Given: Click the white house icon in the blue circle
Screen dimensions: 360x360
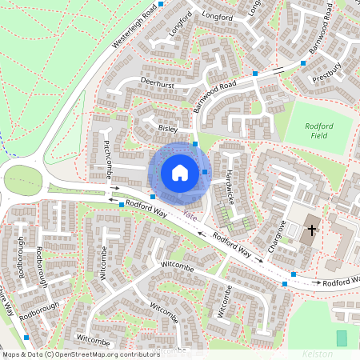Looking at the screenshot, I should (x=180, y=173).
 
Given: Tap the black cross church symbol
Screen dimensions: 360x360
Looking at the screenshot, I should (x=310, y=230).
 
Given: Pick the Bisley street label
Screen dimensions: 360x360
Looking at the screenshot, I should (x=168, y=128).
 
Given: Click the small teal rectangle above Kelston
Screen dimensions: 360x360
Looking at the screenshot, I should (x=342, y=338).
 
